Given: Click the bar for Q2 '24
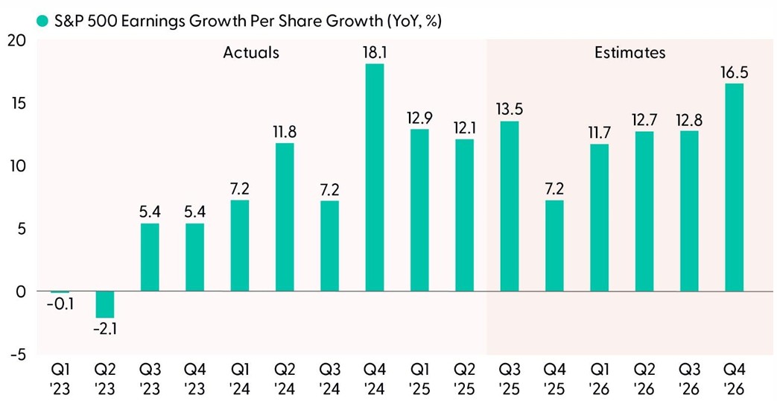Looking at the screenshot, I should tap(284, 217).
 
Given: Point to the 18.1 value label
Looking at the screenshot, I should tap(374, 52).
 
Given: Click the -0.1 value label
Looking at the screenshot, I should tap(60, 306).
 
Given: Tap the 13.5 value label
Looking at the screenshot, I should tap(509, 110).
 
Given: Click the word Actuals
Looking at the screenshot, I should tap(251, 53).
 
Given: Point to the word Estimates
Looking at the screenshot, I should tap(629, 53).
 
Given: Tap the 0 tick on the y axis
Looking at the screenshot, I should tap(21, 291).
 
